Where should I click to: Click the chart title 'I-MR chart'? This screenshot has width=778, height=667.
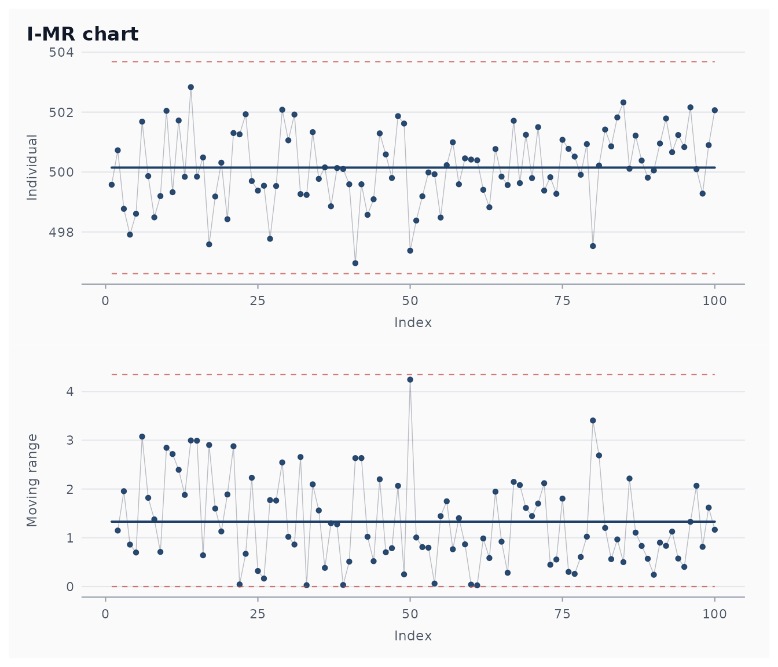tap(82, 34)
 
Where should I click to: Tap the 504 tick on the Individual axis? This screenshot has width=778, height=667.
tap(61, 52)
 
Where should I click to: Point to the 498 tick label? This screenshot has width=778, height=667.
tap(61, 232)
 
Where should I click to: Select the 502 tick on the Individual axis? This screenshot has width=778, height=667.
tap(61, 112)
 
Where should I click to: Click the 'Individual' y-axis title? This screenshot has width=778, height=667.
tap(32, 167)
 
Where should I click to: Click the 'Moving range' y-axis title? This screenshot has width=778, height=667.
tap(32, 481)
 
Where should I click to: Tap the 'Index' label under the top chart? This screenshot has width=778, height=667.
tap(413, 322)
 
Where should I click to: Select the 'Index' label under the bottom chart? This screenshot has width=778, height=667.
tap(413, 636)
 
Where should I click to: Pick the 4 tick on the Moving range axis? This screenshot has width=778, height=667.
tap(70, 391)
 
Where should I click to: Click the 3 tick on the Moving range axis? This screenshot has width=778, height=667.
tap(70, 440)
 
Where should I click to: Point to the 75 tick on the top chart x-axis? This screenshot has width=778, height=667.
tap(562, 300)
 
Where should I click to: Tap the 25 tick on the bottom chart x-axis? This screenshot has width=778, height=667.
tap(258, 614)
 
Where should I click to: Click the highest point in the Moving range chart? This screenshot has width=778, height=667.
tap(410, 379)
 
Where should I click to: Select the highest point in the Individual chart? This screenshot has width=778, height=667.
tap(191, 87)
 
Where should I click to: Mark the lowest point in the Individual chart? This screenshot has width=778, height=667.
tap(355, 263)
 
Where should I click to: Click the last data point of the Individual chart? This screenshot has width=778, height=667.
tap(715, 110)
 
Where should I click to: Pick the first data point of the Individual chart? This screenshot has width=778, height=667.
tap(111, 185)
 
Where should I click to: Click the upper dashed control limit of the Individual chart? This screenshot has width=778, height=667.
tap(413, 61)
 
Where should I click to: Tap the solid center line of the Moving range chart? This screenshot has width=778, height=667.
tap(413, 522)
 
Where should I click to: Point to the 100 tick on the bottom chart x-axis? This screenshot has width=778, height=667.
tap(715, 614)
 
